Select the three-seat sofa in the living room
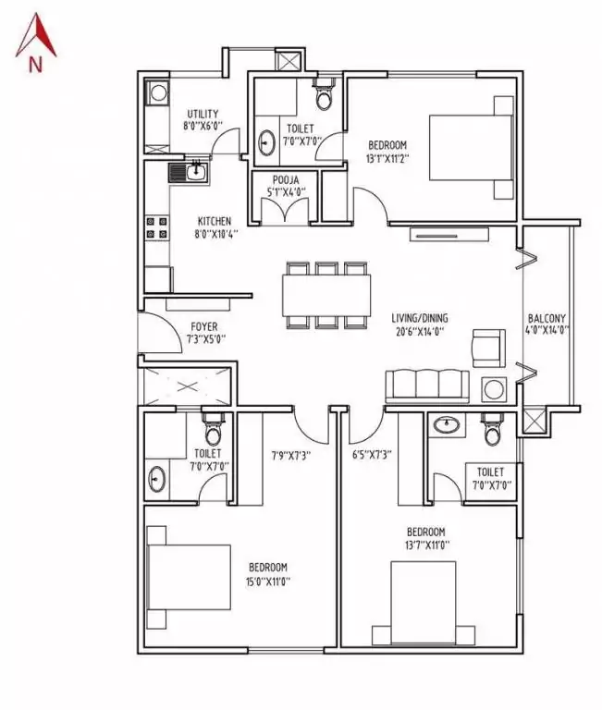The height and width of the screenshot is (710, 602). (427, 384)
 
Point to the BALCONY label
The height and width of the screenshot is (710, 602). (547, 321)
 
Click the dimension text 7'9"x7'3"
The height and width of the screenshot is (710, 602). (290, 454)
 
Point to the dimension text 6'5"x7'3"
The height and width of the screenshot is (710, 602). (372, 454)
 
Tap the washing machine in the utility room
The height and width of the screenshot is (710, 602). (157, 93)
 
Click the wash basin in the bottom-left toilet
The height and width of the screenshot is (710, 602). (158, 479)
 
